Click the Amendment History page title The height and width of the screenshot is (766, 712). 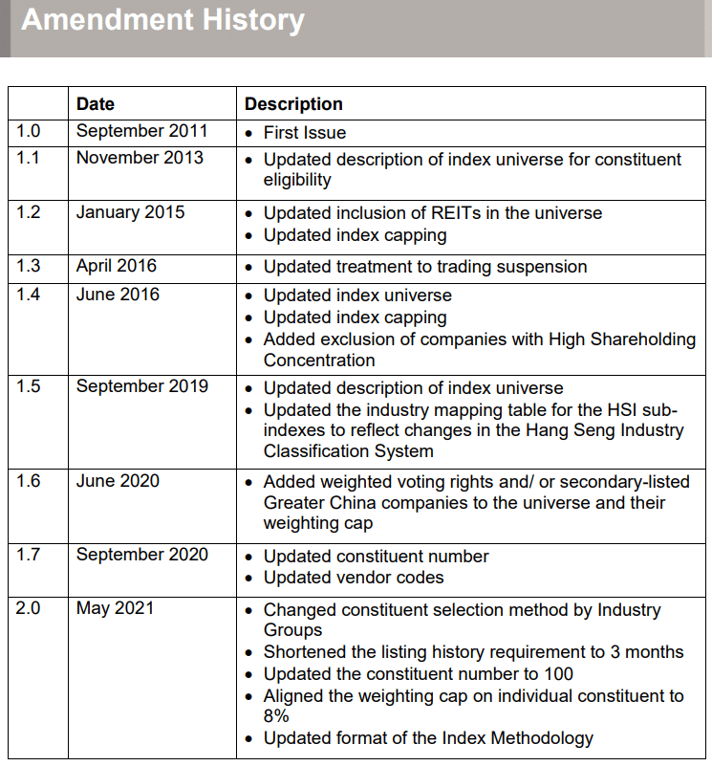[x=162, y=20]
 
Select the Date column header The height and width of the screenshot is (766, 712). [x=96, y=104]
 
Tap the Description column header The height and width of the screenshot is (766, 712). [x=293, y=104]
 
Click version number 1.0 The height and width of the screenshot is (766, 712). [x=29, y=131]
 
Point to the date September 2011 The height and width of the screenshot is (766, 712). [x=141, y=131]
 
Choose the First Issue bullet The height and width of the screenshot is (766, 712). [x=305, y=133]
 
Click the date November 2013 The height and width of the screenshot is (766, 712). [x=140, y=158]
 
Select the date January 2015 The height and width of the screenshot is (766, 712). [x=130, y=212]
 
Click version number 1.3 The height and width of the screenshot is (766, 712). [x=29, y=266]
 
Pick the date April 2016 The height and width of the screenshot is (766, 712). [x=117, y=266]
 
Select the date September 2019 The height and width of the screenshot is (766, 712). [x=141, y=386]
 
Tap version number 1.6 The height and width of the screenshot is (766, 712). [x=29, y=481]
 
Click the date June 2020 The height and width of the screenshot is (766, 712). [x=118, y=481]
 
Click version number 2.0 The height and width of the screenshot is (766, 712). [x=29, y=608]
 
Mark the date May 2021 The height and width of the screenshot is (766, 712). [x=115, y=608]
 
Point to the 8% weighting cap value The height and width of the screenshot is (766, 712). [x=276, y=716]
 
